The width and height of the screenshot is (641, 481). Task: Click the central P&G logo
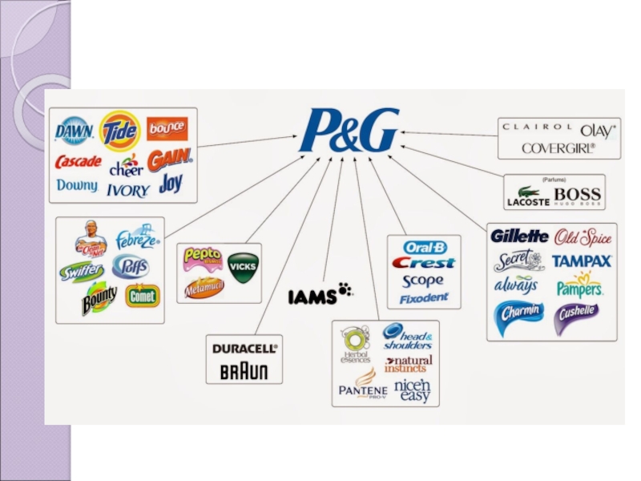[349, 131]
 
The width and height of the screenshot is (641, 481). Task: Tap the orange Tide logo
[120, 130]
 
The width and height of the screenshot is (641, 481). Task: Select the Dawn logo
[75, 130]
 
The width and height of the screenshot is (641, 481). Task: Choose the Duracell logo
[244, 349]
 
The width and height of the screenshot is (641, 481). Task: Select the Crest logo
[423, 263]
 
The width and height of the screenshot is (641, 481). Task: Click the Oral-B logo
[425, 248]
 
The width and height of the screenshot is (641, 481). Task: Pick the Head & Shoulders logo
[407, 337]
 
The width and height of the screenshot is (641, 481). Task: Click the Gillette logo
[519, 236]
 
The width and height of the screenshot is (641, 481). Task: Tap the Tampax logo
[582, 261]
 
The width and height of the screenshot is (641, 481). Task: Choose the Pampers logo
[579, 286]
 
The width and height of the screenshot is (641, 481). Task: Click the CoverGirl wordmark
[558, 148]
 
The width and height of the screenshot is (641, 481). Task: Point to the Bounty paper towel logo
[99, 298]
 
